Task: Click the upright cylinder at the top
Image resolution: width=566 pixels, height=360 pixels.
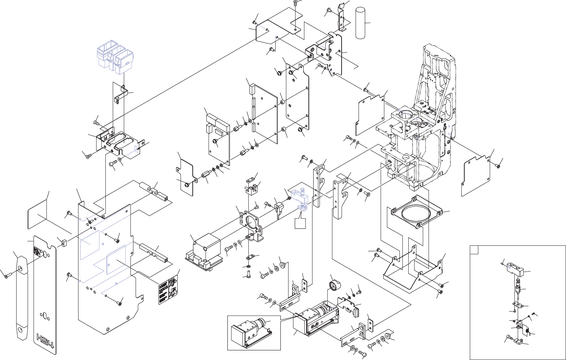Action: point(362,22)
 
